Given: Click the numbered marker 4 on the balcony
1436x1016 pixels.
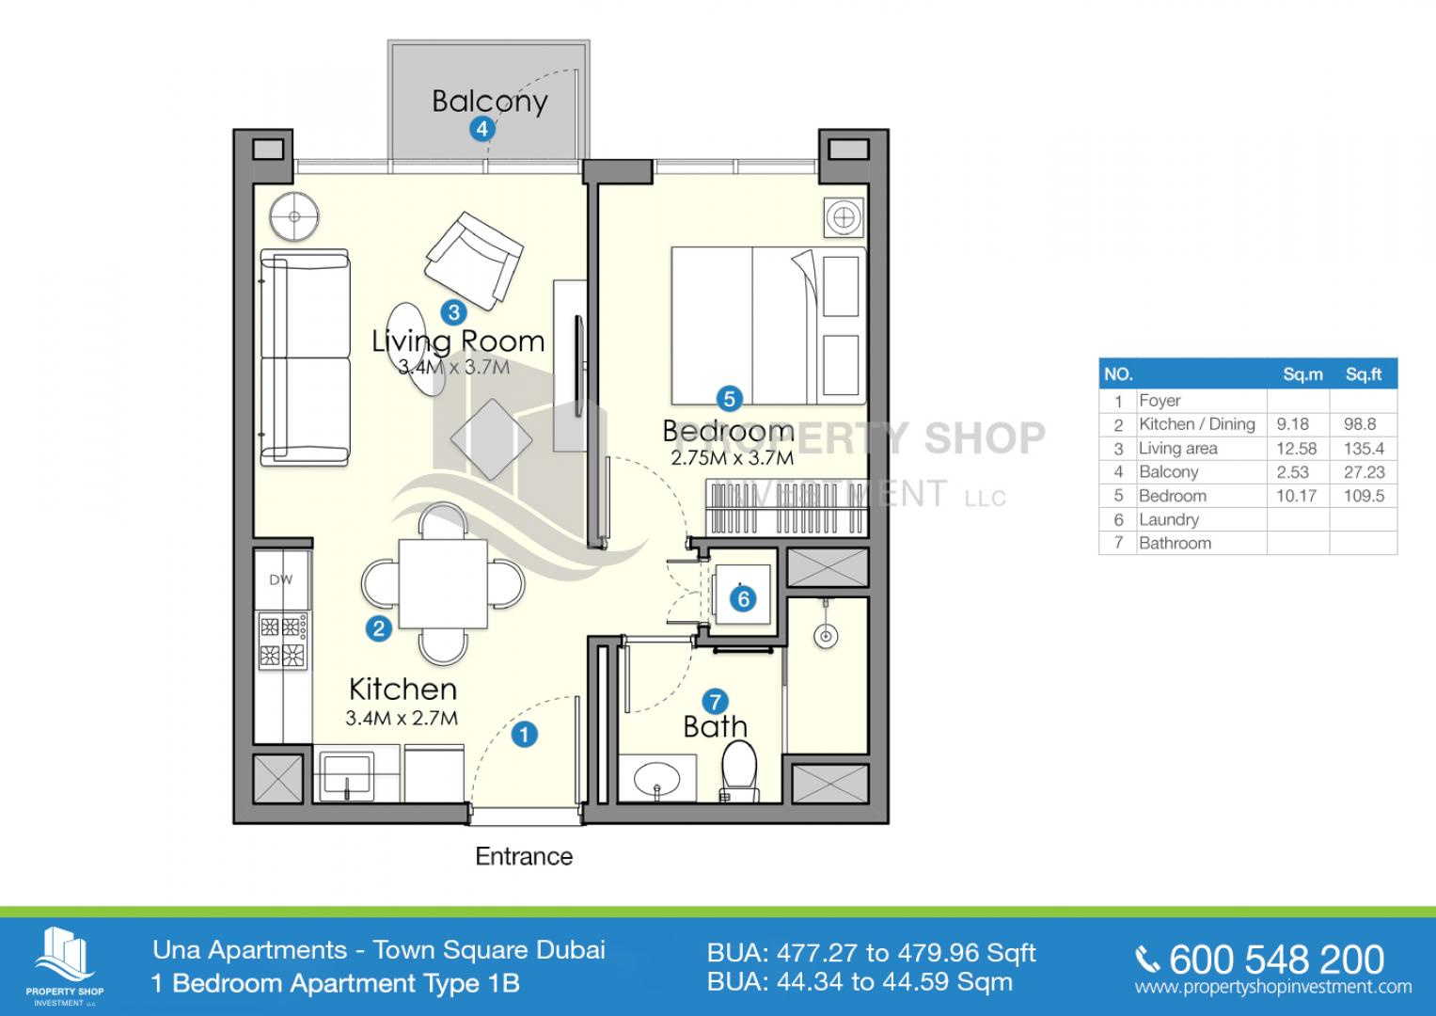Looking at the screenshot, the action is pyautogui.click(x=482, y=129).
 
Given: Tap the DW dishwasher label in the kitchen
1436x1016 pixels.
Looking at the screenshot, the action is pyautogui.click(x=281, y=579).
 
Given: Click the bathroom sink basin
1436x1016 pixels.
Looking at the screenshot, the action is pyautogui.click(x=657, y=780).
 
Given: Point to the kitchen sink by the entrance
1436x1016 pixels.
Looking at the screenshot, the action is pyautogui.click(x=347, y=776).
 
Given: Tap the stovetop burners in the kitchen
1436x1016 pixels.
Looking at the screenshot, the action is pyautogui.click(x=283, y=642).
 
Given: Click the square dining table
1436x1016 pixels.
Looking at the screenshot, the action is pyautogui.click(x=443, y=584).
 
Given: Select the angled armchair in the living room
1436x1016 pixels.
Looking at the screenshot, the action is pyautogui.click(x=474, y=261).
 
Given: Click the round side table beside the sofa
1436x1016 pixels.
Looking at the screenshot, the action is pyautogui.click(x=294, y=216).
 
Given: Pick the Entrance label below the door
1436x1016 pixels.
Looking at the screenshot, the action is pyautogui.click(x=524, y=856).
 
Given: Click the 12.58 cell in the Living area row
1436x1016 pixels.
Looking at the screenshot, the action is pyautogui.click(x=1296, y=449).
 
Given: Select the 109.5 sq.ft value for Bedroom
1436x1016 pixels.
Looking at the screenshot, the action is pyautogui.click(x=1365, y=496).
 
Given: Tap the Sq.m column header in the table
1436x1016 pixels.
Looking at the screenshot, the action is pyautogui.click(x=1302, y=374).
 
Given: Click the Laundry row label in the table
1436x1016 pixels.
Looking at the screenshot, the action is pyautogui.click(x=1169, y=519).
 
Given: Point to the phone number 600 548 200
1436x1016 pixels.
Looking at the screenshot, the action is pyautogui.click(x=1276, y=960).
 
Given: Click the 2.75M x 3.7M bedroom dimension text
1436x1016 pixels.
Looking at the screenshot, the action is pyautogui.click(x=732, y=458).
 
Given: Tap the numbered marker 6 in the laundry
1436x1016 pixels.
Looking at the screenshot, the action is pyautogui.click(x=743, y=599).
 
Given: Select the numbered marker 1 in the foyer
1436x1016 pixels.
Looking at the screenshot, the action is pyautogui.click(x=525, y=735).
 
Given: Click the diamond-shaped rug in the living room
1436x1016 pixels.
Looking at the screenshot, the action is pyautogui.click(x=492, y=439).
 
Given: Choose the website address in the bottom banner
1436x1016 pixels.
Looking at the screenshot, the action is pyautogui.click(x=1273, y=988).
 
